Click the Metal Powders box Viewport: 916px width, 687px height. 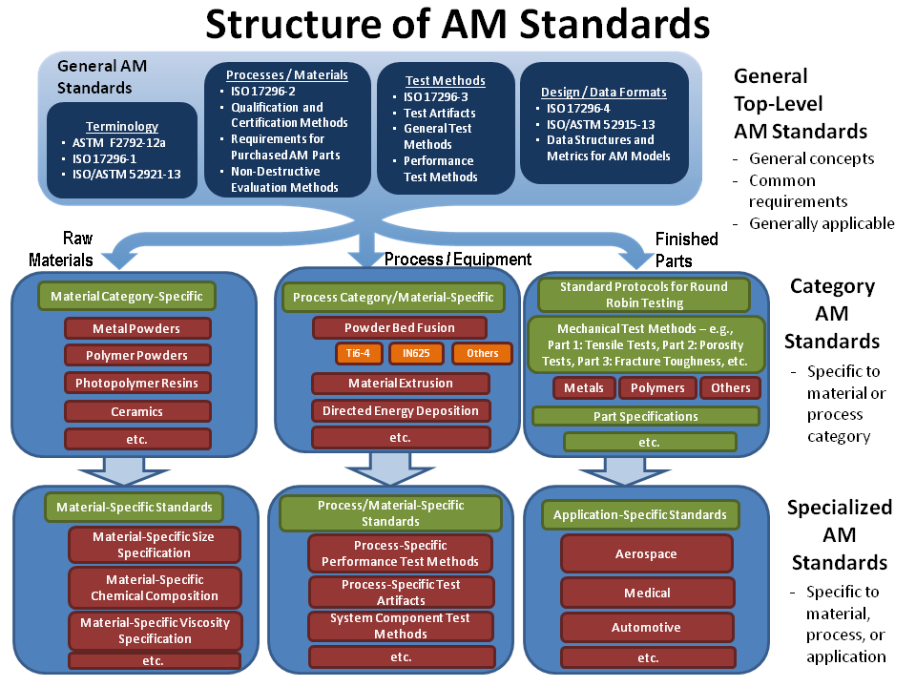(136, 328)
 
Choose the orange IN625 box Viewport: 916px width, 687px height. (417, 353)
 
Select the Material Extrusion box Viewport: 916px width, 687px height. (401, 384)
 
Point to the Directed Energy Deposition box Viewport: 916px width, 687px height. (401, 411)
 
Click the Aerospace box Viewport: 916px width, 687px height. (646, 553)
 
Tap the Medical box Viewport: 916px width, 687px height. (646, 593)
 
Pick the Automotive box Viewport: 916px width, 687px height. (646, 627)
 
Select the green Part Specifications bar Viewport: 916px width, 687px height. (645, 416)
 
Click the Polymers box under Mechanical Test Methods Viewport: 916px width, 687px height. (657, 387)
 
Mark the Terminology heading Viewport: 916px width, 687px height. (122, 126)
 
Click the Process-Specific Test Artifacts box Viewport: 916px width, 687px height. (401, 593)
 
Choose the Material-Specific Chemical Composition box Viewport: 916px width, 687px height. (155, 588)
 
